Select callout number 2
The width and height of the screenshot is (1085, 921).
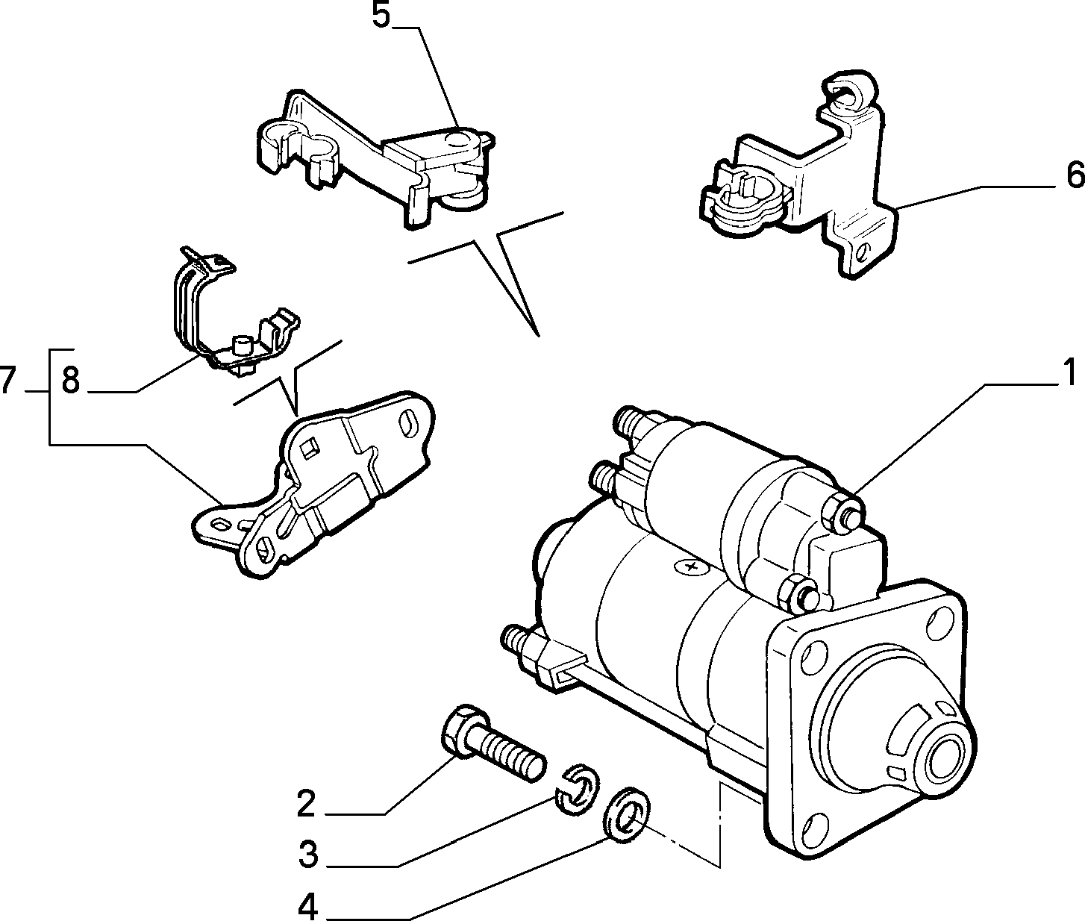(x=306, y=803)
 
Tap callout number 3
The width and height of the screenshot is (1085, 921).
(x=309, y=855)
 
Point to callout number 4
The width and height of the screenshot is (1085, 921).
(x=307, y=905)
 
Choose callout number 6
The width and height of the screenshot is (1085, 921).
(x=1075, y=176)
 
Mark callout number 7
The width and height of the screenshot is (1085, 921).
(x=8, y=381)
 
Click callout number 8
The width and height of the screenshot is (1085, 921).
(x=70, y=381)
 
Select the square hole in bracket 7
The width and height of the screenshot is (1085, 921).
(x=308, y=447)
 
